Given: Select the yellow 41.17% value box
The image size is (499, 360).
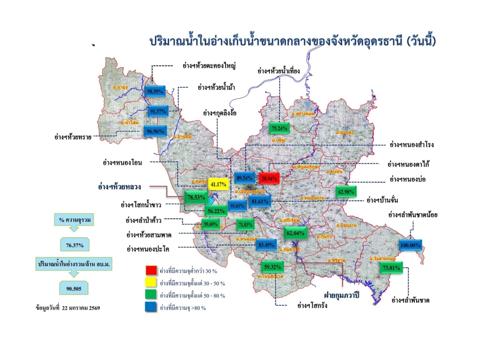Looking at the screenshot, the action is tap(218, 184).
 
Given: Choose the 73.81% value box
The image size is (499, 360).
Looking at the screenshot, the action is tap(392, 268).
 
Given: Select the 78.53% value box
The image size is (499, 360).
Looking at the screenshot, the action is tap(197, 198).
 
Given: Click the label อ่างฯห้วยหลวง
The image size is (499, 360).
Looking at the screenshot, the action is tap(120, 187).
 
